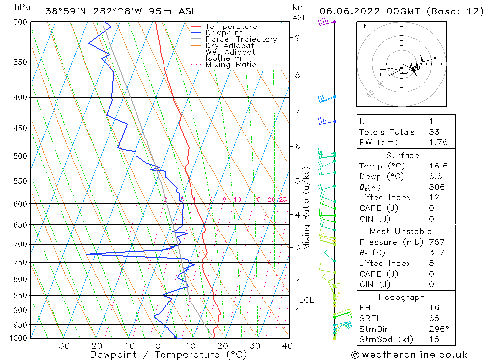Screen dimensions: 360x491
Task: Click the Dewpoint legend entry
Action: [x=223, y=33]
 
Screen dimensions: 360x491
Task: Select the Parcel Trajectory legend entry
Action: [x=241, y=39]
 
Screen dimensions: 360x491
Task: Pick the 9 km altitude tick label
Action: [x=298, y=37]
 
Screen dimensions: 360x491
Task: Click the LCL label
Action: [x=306, y=300]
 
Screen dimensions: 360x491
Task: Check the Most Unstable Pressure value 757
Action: [x=436, y=242]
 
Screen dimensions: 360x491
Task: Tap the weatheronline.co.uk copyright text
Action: [x=409, y=355]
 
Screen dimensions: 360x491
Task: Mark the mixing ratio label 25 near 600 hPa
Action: [x=283, y=200]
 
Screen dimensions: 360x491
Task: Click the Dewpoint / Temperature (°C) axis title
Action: [x=168, y=355]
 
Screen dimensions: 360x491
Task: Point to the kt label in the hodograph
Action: [x=362, y=26]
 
